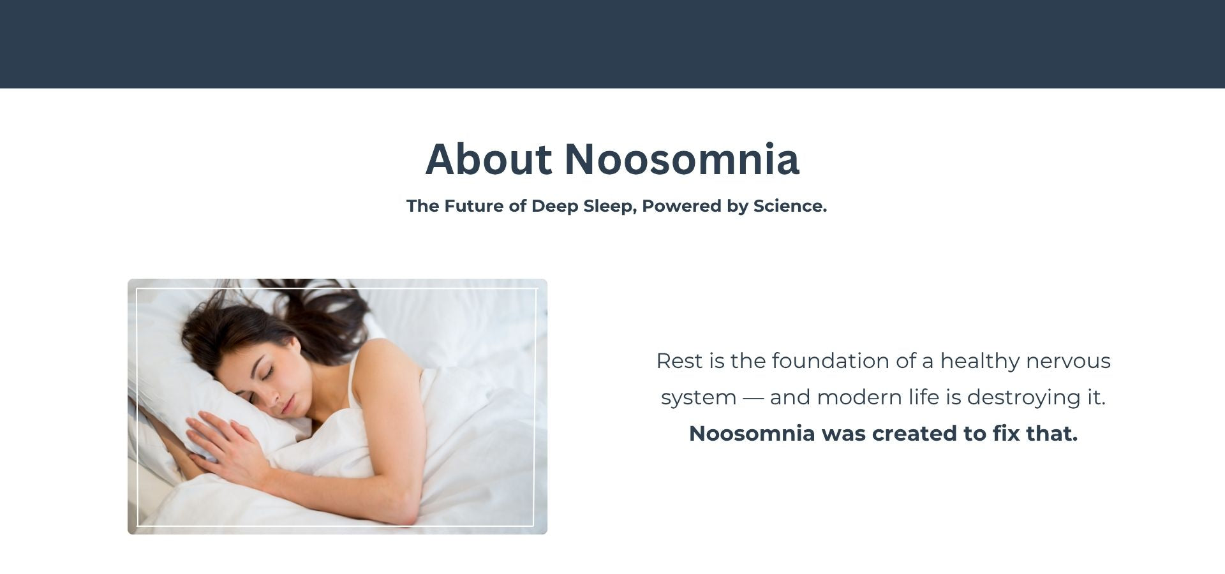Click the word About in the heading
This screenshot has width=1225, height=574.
(x=489, y=159)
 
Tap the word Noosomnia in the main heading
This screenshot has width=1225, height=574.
(x=681, y=159)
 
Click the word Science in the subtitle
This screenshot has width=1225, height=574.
(x=790, y=206)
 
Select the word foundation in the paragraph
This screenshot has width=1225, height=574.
(x=831, y=361)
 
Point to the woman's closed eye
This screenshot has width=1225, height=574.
(x=268, y=371)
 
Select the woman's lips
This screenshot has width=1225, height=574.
(x=290, y=406)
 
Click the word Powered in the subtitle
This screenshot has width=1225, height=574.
(x=681, y=206)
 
